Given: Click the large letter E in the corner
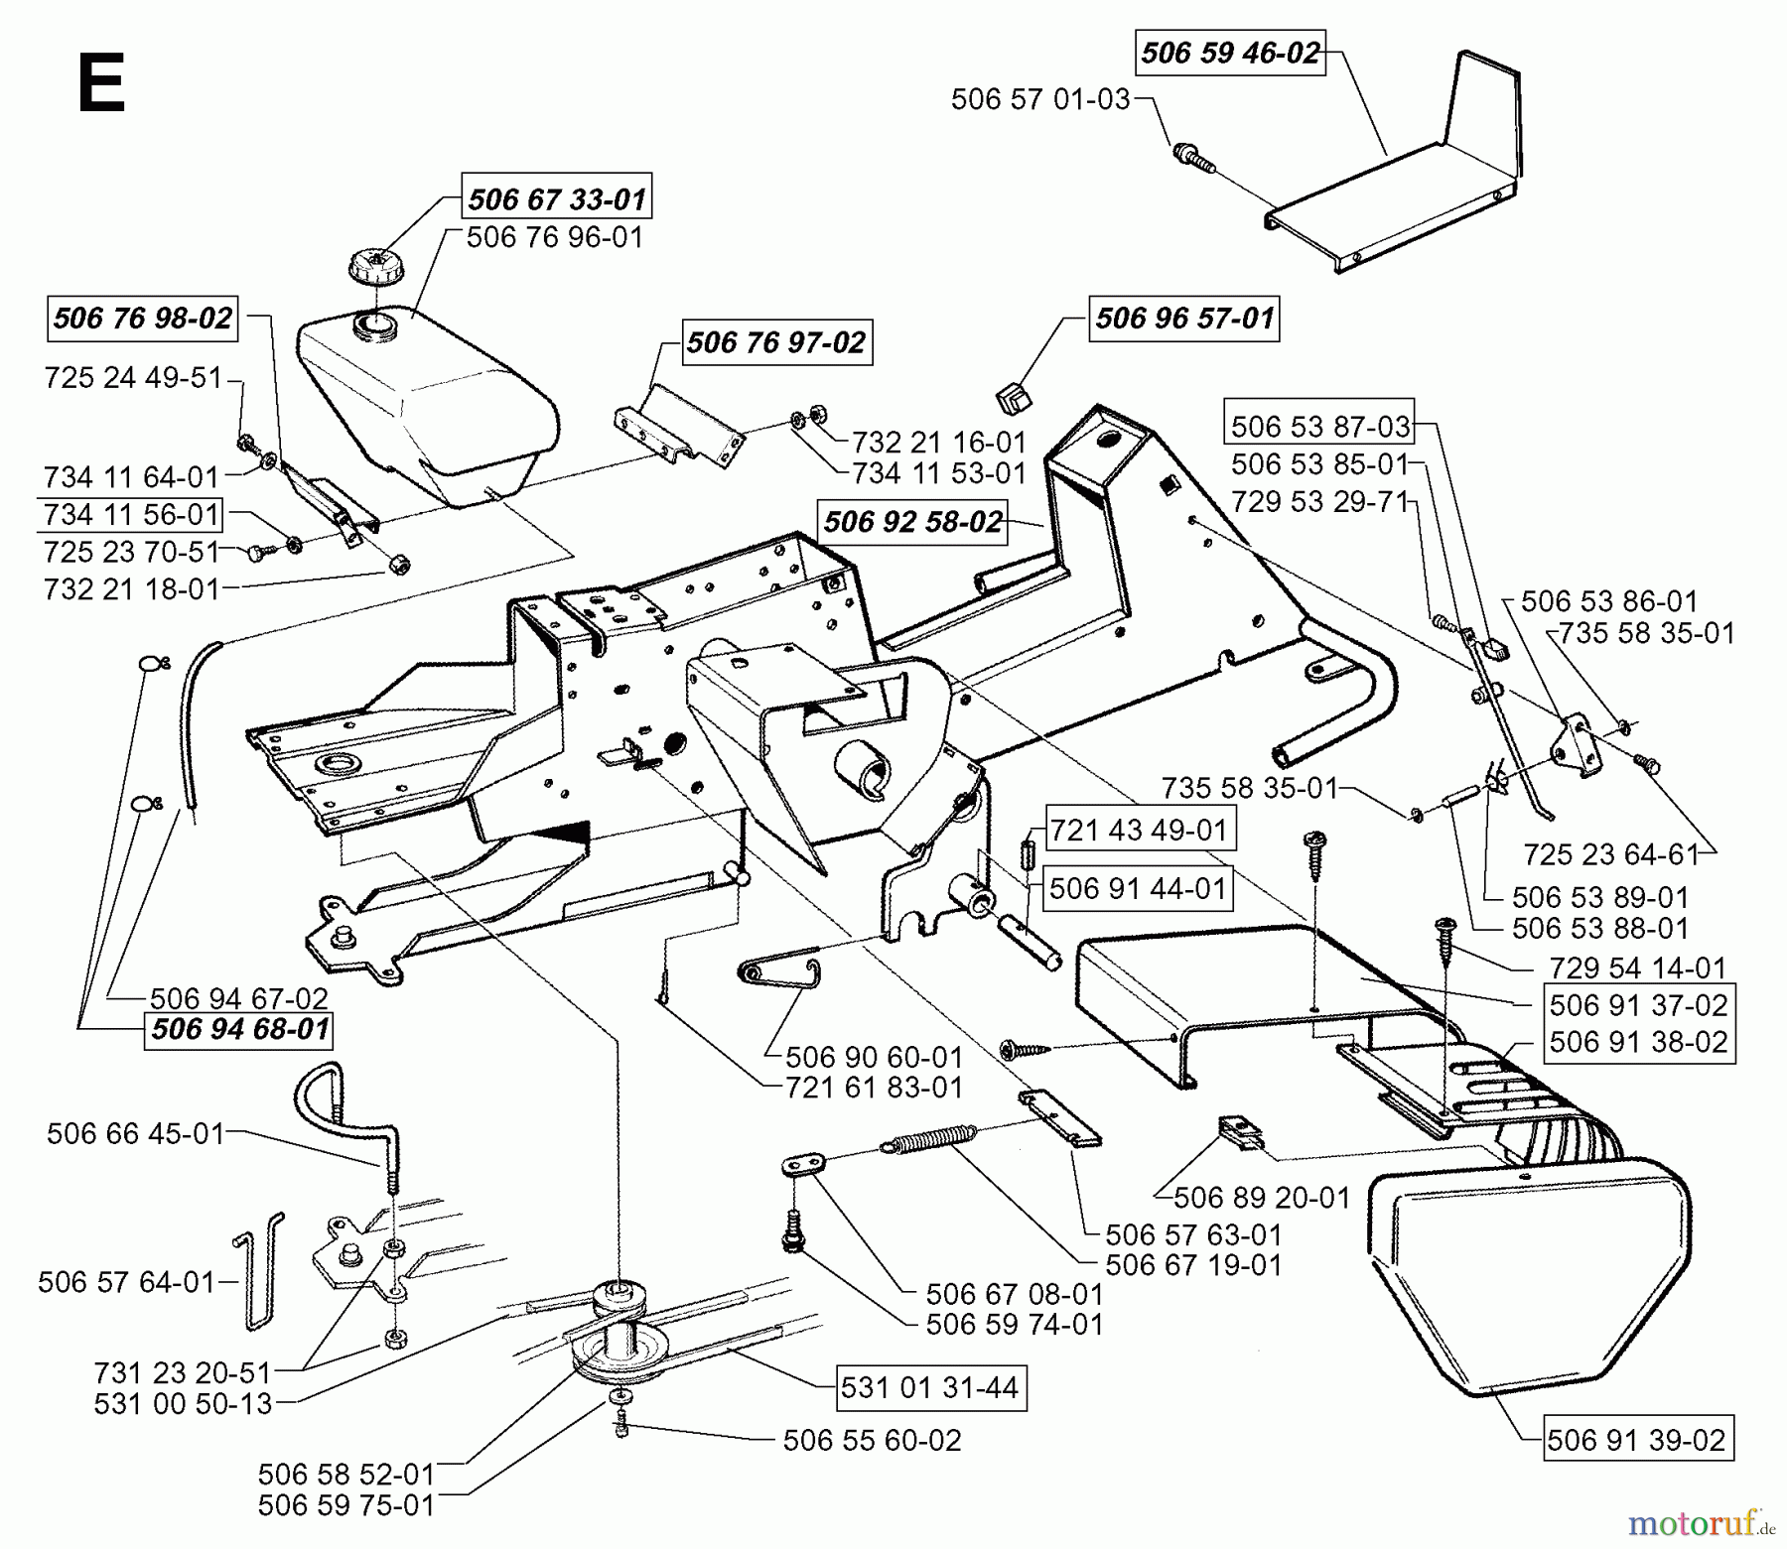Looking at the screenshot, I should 100,85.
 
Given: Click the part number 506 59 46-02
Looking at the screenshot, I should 1230,53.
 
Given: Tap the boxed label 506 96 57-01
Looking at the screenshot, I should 1183,319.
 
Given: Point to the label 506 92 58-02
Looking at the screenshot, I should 912,522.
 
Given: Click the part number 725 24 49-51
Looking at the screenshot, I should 133,378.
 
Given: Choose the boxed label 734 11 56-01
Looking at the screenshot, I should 131,514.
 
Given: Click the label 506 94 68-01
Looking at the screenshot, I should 239,1029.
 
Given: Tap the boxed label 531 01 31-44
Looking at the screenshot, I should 929,1387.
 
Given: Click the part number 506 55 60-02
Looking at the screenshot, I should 872,1440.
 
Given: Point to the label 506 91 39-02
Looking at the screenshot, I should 1636,1440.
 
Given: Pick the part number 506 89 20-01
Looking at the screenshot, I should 1262,1198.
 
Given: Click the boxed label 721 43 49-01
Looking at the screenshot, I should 1139,830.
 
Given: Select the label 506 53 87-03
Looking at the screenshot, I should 1320,427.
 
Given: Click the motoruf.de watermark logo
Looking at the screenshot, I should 1702,1521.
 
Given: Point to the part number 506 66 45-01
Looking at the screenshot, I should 136,1133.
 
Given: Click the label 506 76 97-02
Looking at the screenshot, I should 775,343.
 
